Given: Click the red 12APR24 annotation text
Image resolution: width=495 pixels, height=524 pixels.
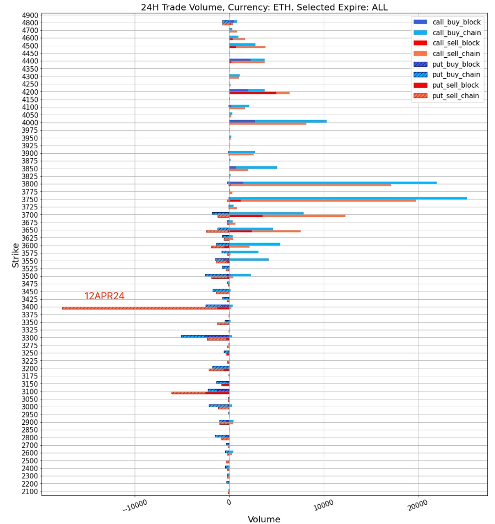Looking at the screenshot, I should point(104,296).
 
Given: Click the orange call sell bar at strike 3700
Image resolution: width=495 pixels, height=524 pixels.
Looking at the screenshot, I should point(303,215).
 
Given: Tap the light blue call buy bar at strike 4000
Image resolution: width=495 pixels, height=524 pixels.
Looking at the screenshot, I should point(292,121).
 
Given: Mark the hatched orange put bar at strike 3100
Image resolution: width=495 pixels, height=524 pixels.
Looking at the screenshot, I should point(190,393).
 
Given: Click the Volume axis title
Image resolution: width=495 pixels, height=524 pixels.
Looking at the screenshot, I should point(264,519).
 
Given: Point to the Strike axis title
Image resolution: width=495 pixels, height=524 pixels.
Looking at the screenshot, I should point(15,255).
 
